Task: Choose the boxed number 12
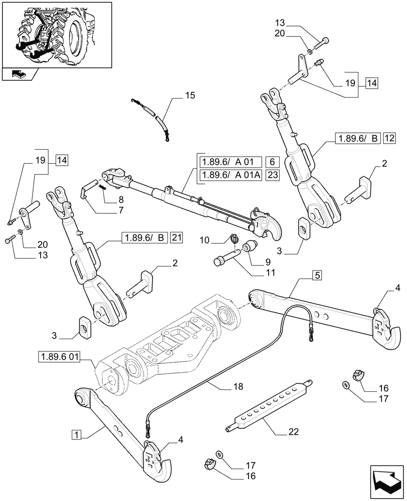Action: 390,138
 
